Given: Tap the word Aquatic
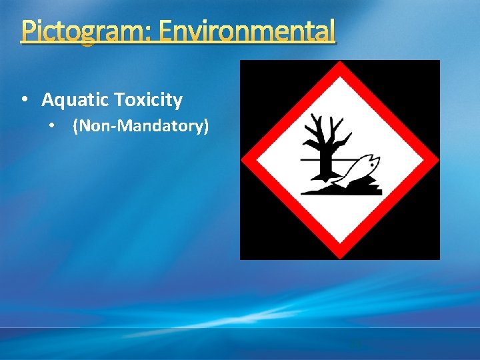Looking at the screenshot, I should coord(75,100).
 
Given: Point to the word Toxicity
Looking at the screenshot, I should coord(147,100).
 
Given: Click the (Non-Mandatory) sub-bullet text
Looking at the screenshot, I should coord(140,125).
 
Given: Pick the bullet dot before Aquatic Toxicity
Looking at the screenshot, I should coord(25,100).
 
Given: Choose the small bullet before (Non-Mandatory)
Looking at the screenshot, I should coord(52,125).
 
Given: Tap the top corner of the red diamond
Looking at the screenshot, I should coord(340,64).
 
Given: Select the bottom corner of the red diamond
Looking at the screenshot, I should coord(340,257).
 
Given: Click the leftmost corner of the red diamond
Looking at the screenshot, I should coord(243,160).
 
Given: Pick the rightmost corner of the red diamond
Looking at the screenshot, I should coord(437,160).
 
